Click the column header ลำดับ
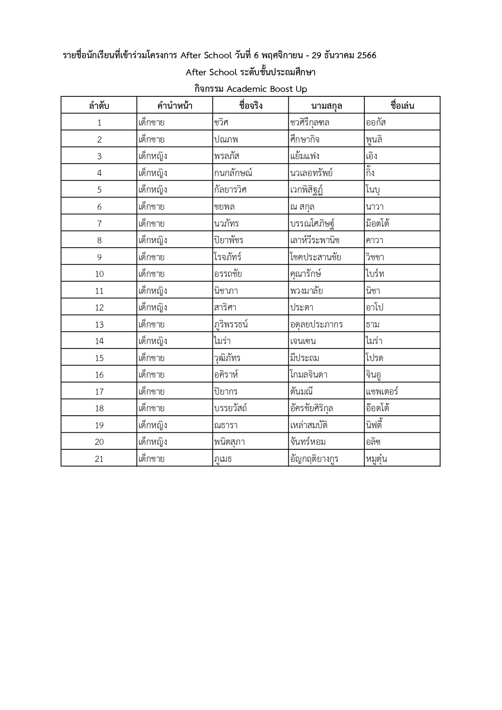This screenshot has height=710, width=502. [x=99, y=106]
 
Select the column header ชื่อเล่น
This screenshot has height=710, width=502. [x=402, y=106]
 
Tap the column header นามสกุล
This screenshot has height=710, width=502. [x=326, y=106]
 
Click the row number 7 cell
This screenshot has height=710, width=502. [x=99, y=223]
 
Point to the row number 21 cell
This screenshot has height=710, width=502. [x=99, y=459]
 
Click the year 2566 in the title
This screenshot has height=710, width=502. [x=366, y=55]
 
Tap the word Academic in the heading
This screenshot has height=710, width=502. [x=247, y=89]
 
